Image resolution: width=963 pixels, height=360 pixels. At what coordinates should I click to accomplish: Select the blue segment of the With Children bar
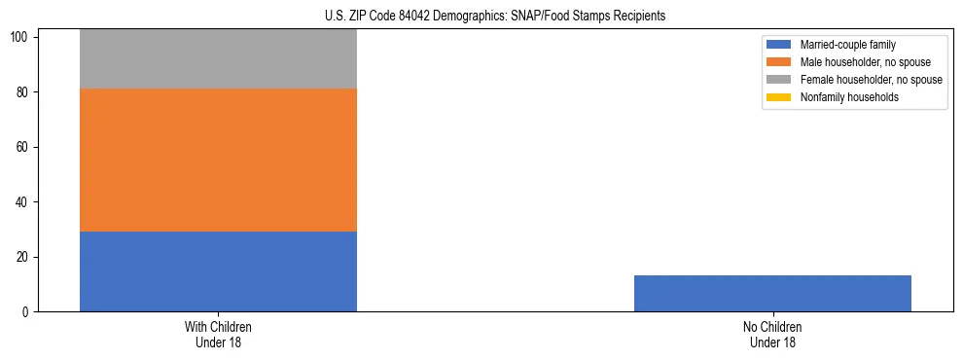(218, 271)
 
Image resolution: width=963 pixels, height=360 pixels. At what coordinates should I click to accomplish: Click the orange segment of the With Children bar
(218, 160)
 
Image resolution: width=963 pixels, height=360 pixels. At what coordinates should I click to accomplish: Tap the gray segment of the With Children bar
(218, 59)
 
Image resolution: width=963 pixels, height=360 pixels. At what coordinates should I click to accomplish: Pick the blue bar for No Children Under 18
(772, 294)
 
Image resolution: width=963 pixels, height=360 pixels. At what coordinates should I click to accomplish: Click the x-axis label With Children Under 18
(218, 335)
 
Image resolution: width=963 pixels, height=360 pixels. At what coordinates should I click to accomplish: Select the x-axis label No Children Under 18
(772, 335)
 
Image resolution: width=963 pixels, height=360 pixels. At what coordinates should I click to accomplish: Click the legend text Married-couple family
(848, 45)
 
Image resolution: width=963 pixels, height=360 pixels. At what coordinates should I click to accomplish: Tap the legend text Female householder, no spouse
(871, 80)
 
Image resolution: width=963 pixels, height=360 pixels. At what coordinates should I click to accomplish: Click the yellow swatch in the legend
(780, 97)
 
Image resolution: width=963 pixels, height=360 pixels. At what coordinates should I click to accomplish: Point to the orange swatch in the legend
(780, 62)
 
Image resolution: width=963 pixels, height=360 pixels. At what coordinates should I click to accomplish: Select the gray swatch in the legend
(780, 80)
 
